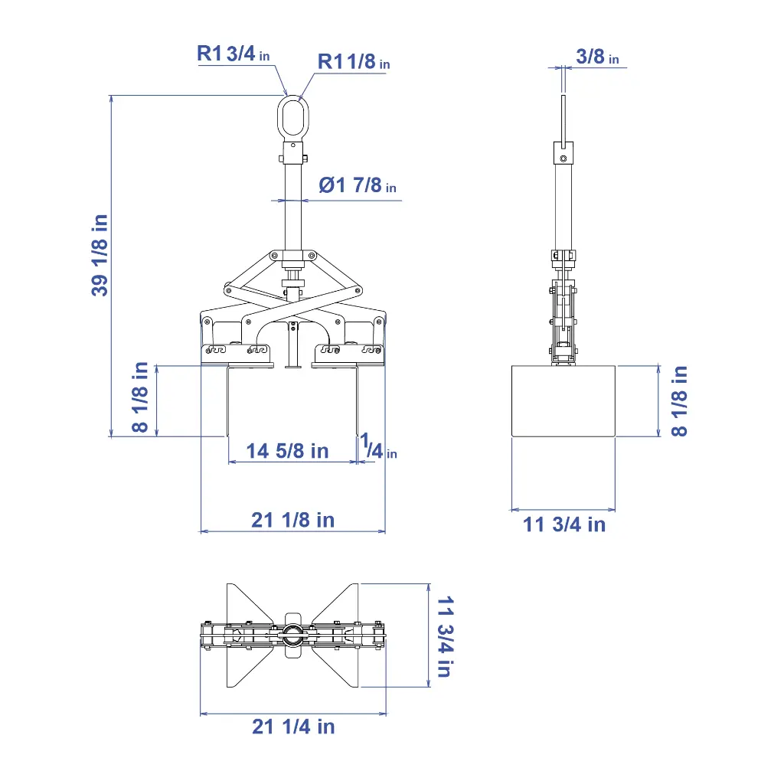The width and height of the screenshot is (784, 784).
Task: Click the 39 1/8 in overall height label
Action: point(100,255)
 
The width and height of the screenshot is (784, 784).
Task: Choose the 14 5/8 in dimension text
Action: point(287,451)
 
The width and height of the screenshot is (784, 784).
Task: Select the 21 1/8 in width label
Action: point(292,520)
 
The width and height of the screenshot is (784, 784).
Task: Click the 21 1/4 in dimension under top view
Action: point(293,726)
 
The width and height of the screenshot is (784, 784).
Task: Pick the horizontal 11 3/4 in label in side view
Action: point(564,524)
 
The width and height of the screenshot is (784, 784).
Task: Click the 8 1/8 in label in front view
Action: point(140,397)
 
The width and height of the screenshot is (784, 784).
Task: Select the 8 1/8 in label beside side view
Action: point(679,400)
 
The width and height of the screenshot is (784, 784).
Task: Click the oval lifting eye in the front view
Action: point(292,118)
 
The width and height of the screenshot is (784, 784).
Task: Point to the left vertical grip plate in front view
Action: point(228,402)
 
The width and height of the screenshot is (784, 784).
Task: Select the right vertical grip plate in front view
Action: point(357,402)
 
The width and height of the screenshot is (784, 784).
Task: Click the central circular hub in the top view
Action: point(292,633)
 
